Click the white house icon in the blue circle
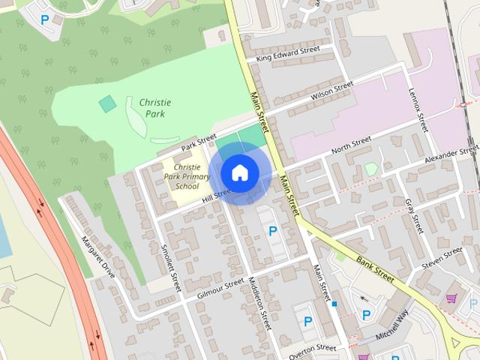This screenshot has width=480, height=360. pyautogui.click(x=239, y=172)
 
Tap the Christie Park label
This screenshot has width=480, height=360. pyautogui.click(x=154, y=107)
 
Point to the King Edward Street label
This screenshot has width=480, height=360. pyautogui.click(x=288, y=53)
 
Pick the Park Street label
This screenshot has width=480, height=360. pyautogui.click(x=198, y=139)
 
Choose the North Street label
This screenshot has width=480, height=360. pyautogui.click(x=351, y=142)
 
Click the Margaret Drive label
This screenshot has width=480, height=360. pyautogui.click(x=98, y=257)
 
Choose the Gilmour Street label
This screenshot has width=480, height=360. pyautogui.click(x=220, y=287)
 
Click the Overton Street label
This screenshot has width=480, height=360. pyautogui.click(x=312, y=348)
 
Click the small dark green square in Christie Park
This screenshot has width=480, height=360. pyautogui.click(x=108, y=103)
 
